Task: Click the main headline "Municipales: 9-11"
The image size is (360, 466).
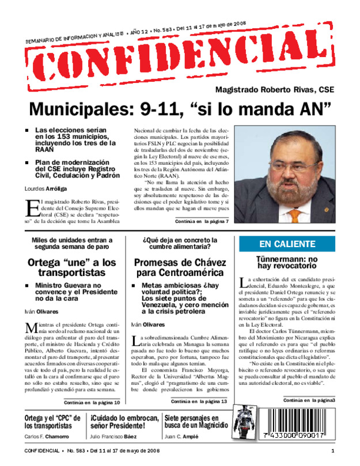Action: (x=180, y=108)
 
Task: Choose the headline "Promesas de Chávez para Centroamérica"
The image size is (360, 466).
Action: (x=180, y=267)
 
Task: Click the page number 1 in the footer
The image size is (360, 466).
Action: (x=332, y=451)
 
